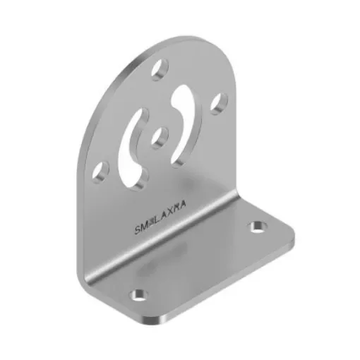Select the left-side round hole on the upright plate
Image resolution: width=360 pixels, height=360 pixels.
click(103, 170)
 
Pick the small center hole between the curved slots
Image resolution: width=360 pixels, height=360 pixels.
click(160, 136)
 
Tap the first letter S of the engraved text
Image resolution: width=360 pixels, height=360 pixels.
click(136, 231)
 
